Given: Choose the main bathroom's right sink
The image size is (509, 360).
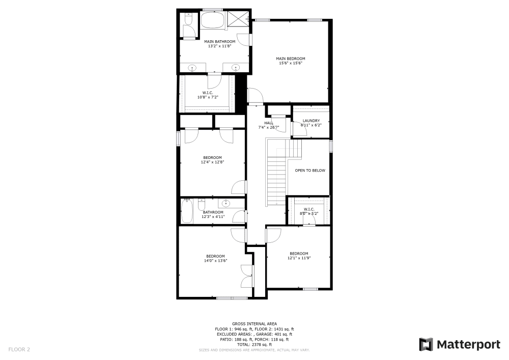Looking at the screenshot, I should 236,67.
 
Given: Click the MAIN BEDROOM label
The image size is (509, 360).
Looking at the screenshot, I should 291,59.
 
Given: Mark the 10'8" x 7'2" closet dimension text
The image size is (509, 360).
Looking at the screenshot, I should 208,97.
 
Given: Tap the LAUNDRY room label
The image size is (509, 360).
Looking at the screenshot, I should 311,121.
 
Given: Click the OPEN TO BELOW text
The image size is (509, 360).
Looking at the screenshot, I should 310,171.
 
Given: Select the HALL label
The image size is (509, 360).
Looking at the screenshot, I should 269,123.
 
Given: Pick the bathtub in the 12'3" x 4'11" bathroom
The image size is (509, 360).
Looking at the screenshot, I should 187,211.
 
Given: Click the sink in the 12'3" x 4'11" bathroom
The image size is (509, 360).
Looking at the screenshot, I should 227,203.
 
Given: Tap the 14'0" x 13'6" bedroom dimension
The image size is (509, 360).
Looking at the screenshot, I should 215,261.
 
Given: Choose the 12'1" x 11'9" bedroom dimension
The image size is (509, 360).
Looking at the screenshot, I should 299,258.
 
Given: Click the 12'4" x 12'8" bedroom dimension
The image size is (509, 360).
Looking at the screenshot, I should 212,162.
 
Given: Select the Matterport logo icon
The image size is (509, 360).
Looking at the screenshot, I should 426,345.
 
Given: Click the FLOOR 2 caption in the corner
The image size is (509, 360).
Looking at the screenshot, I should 19,349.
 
